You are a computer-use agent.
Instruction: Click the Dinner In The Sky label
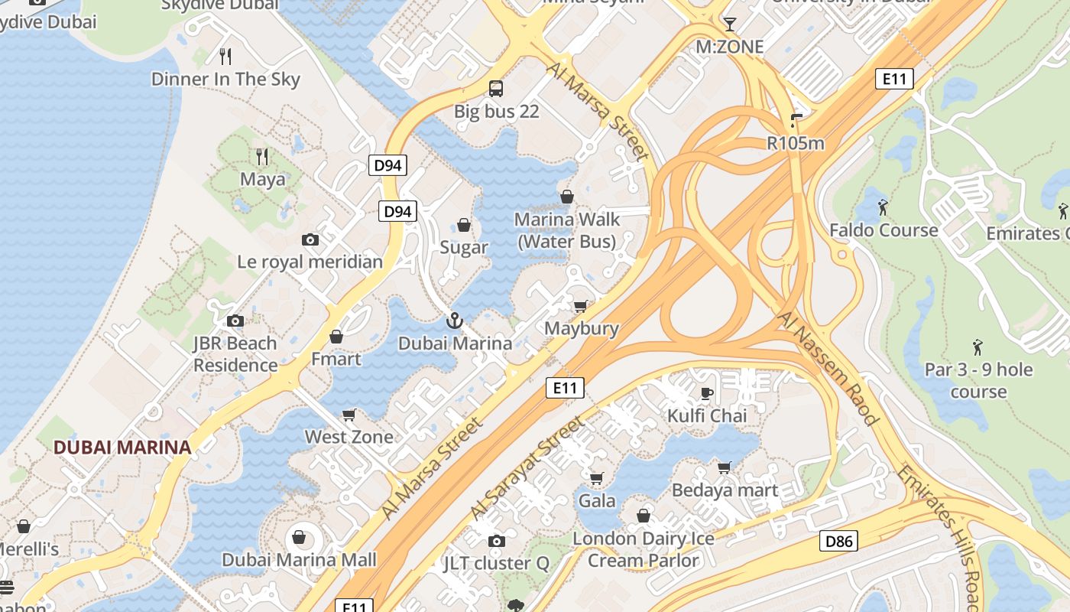[x=225, y=79]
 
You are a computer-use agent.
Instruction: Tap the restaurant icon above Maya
[x=262, y=157]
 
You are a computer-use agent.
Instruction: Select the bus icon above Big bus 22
[x=496, y=88]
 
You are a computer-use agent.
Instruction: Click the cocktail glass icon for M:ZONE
[x=730, y=24]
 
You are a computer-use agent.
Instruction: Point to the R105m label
[x=796, y=143]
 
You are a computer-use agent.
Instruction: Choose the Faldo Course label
[x=884, y=229]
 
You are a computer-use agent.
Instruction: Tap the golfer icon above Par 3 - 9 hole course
[x=978, y=348]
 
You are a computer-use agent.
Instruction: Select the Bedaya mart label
[x=725, y=490]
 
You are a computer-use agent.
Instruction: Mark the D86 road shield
[x=838, y=541]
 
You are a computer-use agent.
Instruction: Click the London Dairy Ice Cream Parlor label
[x=643, y=549]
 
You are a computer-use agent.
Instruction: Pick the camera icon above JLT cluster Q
[x=496, y=542]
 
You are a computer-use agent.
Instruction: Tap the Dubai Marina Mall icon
[x=299, y=538]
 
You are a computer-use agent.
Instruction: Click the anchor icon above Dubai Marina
[x=455, y=321]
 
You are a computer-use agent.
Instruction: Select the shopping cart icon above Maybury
[x=581, y=307]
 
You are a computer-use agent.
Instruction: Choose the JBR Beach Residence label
[x=235, y=354]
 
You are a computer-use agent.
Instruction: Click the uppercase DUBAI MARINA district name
[x=122, y=448]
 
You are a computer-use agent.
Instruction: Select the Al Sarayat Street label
[x=527, y=467]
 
